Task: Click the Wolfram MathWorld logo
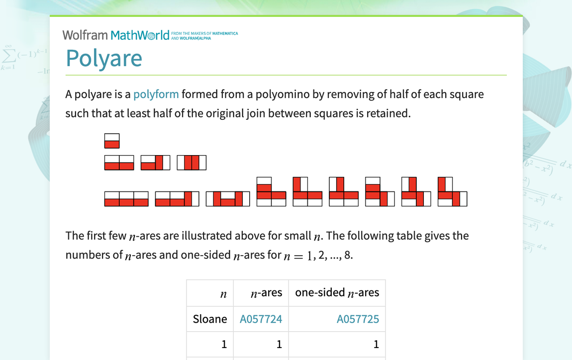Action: click(x=115, y=35)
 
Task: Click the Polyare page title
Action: click(x=104, y=58)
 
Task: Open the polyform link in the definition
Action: click(x=156, y=94)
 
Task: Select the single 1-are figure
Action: click(x=112, y=141)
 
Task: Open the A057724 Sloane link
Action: click(x=261, y=319)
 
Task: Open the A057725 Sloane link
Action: click(x=358, y=319)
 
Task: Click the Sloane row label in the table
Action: click(x=210, y=319)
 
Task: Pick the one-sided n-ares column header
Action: click(x=337, y=293)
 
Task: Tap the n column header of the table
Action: click(x=223, y=293)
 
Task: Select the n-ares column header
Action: click(x=266, y=293)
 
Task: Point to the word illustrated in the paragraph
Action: click(x=207, y=236)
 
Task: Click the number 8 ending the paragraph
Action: click(x=347, y=255)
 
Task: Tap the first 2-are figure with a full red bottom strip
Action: click(x=119, y=163)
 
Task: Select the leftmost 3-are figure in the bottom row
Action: click(x=126, y=199)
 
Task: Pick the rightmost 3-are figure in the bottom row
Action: click(x=452, y=191)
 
